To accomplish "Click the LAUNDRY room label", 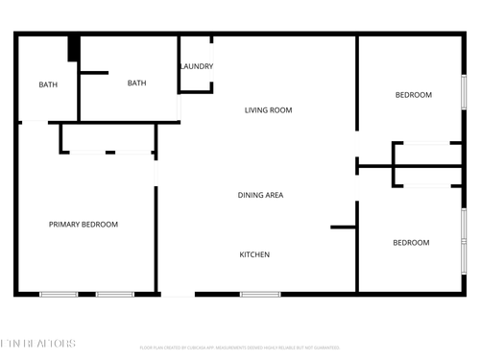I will click(x=197, y=66).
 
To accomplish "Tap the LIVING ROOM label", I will click(x=268, y=110).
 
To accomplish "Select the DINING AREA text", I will click(x=260, y=195).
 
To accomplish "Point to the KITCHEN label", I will click(x=254, y=254).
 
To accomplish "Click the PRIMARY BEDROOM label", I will click(x=84, y=225).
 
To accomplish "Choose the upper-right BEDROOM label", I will click(x=414, y=95).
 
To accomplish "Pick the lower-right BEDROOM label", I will click(x=411, y=243).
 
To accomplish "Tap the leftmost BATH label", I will click(x=48, y=84).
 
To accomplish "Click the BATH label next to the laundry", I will click(x=136, y=83).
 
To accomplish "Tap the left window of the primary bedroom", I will click(x=58, y=293).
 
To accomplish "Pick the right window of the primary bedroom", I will click(x=115, y=293).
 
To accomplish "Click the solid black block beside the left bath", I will click(x=73, y=49).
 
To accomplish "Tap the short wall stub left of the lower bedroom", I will click(x=343, y=228).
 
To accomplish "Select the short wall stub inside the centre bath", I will click(x=93, y=72).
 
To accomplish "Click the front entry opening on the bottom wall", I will click(x=177, y=293).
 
